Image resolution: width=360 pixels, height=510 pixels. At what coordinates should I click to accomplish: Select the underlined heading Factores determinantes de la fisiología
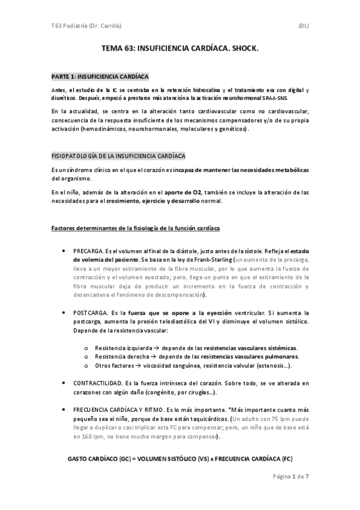(x=136, y=229)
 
